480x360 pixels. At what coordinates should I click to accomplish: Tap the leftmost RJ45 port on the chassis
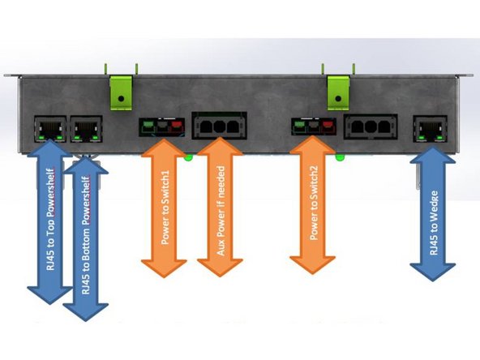[48, 128]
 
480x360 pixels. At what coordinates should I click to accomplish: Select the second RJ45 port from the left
[85, 128]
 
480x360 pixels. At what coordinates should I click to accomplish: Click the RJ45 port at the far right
[433, 128]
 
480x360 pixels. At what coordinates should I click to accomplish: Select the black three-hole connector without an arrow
[370, 127]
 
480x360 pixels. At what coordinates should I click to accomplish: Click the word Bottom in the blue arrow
[85, 243]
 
